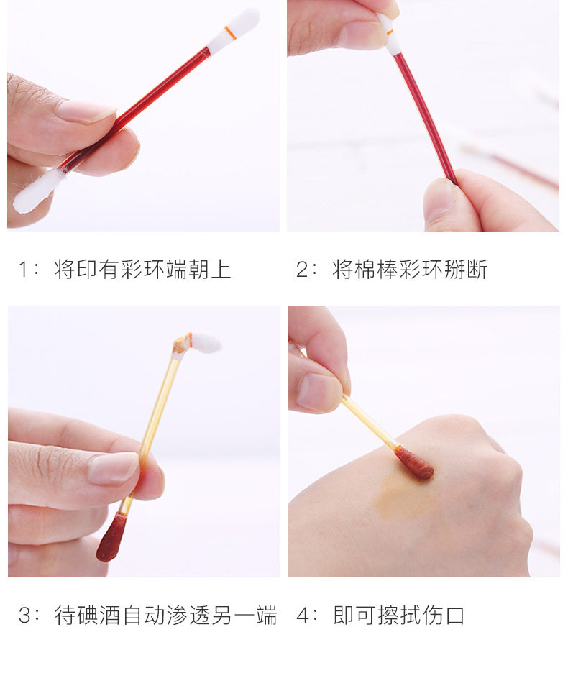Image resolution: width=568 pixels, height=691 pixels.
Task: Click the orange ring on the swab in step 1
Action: (229, 32)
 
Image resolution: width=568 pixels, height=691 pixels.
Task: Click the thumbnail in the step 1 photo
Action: (86, 111)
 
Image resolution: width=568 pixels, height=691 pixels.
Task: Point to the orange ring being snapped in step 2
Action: (389, 32)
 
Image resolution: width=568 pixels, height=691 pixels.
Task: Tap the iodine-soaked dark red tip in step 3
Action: (111, 538)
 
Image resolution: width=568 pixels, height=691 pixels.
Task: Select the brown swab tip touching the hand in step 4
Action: (413, 463)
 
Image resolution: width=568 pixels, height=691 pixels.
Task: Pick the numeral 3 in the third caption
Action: (25, 616)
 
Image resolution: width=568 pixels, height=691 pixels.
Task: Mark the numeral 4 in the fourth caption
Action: (303, 616)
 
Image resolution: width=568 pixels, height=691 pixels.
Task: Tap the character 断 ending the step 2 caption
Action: (477, 269)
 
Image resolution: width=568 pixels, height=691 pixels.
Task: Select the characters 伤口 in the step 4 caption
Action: (444, 616)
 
